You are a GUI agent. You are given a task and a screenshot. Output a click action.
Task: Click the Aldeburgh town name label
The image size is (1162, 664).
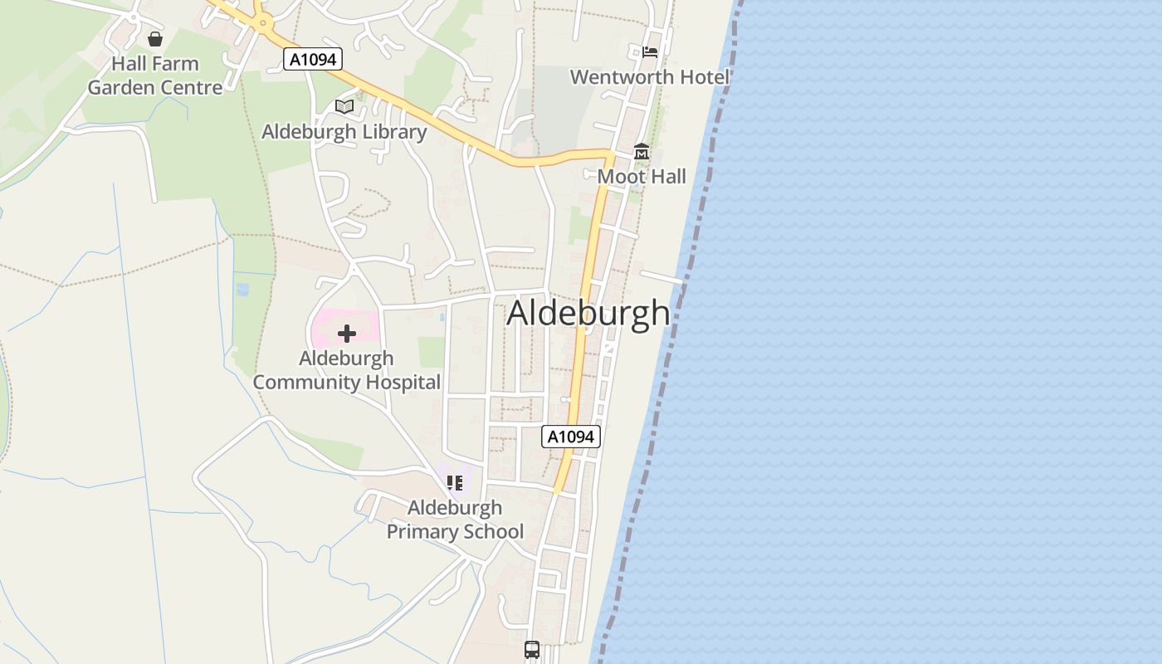(588, 313)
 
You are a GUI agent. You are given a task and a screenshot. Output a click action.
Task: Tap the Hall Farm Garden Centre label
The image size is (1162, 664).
(155, 76)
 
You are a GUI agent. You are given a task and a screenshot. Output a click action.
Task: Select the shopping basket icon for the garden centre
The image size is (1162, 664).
(155, 39)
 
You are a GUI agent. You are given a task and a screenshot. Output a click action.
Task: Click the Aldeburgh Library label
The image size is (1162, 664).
(344, 132)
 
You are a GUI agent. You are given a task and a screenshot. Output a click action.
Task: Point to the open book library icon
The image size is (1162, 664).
(344, 106)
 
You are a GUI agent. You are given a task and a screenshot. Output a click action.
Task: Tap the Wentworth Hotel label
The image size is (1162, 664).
(649, 77)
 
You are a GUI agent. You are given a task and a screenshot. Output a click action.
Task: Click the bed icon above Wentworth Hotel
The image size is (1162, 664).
(650, 51)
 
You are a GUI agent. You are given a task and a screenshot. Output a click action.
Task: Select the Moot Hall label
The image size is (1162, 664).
(642, 176)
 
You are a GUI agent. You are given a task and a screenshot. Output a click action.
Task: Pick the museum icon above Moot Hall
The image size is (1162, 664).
(642, 152)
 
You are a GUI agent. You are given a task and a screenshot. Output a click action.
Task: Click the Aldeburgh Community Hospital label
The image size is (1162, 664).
(346, 370)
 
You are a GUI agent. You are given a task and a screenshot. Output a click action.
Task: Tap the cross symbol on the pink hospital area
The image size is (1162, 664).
(347, 334)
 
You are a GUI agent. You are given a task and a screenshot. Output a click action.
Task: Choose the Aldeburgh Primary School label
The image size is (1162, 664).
(455, 520)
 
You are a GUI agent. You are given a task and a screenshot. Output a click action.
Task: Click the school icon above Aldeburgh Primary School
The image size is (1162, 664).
(455, 482)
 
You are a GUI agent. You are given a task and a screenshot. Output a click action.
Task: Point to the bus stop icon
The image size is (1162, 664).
(532, 650)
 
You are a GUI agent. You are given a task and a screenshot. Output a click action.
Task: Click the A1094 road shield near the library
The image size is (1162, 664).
(312, 59)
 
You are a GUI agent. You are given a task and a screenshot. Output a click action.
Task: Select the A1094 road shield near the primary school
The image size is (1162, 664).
(571, 437)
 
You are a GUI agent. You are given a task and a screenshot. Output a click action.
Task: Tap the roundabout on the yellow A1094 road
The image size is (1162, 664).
(263, 23)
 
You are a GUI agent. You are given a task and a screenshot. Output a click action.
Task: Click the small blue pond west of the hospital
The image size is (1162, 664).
(242, 290)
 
